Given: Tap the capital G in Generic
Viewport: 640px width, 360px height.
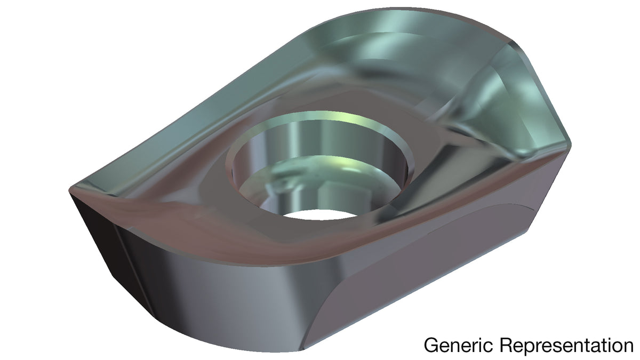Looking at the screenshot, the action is point(431,345).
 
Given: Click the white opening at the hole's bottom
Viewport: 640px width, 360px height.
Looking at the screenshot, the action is point(319,214).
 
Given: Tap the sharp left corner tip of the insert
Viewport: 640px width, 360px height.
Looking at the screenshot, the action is point(69,190).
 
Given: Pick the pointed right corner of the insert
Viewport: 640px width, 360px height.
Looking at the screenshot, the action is point(571,145).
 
